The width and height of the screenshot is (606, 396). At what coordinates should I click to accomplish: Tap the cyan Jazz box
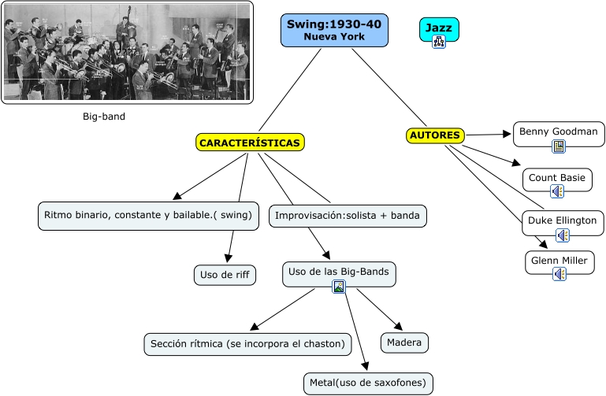[x=439, y=28]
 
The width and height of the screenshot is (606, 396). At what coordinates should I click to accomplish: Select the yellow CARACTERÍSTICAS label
[x=249, y=142]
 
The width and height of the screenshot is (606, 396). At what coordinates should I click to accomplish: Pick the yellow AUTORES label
[x=435, y=135]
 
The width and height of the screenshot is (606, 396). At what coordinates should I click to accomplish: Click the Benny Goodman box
[x=559, y=131]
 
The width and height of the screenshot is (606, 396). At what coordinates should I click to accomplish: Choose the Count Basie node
[x=558, y=178]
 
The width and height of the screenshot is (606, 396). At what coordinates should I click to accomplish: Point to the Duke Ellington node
[x=563, y=220]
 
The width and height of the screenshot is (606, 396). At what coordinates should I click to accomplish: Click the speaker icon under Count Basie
[x=558, y=191]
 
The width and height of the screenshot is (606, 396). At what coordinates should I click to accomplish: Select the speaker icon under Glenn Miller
[x=560, y=274]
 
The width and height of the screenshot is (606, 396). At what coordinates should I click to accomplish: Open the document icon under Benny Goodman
[x=559, y=146]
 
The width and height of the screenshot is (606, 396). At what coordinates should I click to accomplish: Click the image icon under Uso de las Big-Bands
[x=339, y=287]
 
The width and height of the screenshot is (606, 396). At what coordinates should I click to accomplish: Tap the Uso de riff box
[x=225, y=275]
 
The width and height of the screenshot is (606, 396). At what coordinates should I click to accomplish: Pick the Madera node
[x=406, y=342]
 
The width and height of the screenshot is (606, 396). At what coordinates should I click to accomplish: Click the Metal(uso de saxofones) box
[x=368, y=383]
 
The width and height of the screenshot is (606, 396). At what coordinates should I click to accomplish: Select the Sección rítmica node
[x=247, y=343]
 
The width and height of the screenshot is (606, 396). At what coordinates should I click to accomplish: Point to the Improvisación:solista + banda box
[x=348, y=215]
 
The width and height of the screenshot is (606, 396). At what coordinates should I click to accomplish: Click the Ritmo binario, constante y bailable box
[x=148, y=215]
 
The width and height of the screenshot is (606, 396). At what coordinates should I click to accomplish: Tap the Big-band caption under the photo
[x=104, y=117]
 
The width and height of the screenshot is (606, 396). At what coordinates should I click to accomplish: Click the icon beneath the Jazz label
[x=439, y=43]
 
